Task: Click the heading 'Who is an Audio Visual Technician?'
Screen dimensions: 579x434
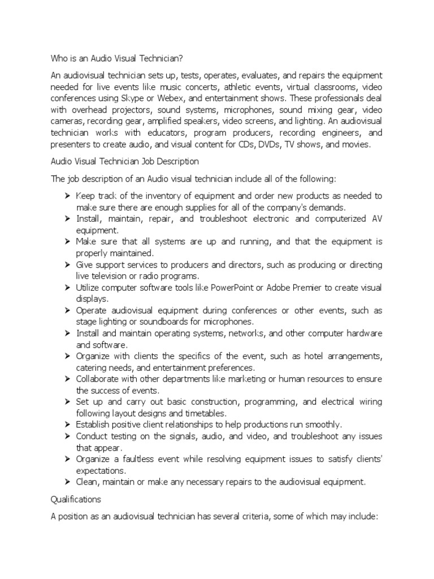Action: point(118,58)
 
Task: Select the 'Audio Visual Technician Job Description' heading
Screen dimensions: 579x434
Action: point(125,162)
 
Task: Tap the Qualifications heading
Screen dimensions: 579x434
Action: point(76,499)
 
